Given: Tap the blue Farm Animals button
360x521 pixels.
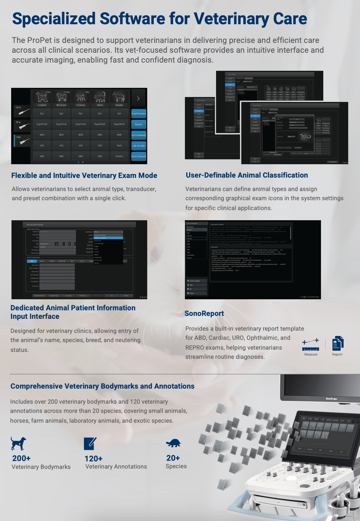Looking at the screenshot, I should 139,135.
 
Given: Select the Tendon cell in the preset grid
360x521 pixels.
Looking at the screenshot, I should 119,156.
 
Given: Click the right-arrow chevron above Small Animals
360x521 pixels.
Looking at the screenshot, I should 138,98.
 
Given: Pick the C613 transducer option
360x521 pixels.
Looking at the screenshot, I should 22,110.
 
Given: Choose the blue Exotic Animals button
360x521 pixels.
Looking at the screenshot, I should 139,156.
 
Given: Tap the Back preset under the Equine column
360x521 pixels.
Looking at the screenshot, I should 119,145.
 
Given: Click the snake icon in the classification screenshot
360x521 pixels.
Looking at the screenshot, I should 306,137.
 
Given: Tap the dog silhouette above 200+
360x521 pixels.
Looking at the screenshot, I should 18,443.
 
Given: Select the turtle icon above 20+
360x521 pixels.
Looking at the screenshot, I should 173,443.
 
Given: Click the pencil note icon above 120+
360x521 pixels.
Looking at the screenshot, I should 90,443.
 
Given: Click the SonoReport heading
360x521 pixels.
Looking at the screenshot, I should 204,314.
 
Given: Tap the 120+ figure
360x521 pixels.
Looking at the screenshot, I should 93,459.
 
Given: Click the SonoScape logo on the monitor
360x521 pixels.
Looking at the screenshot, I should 331,399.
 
